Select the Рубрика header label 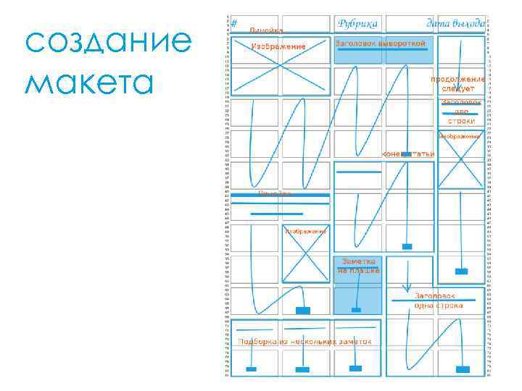click(357, 23)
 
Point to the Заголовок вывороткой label click(381, 44)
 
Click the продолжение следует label click(458, 83)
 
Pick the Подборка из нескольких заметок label click(304, 341)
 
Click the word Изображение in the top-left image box click(278, 46)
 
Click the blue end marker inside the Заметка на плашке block click(356, 310)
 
